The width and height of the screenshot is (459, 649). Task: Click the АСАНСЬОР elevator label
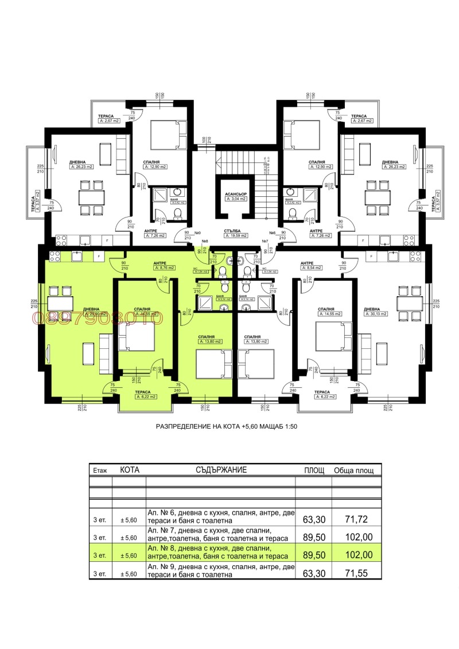point(236,194)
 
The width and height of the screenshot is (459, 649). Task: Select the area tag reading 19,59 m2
point(235,235)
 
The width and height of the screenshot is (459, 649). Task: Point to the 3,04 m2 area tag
point(236,200)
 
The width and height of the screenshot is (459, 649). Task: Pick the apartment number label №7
point(264,242)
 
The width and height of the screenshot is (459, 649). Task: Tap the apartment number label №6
point(273,233)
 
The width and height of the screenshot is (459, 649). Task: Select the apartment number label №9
point(197,233)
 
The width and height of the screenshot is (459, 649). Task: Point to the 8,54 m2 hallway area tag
point(313,267)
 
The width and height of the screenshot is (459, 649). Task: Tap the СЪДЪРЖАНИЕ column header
point(220,469)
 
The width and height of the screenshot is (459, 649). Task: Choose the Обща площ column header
point(354,470)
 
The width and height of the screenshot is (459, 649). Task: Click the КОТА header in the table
point(129,469)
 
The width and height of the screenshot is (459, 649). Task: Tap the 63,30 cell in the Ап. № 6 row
point(314,519)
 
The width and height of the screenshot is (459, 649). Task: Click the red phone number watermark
point(99,317)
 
